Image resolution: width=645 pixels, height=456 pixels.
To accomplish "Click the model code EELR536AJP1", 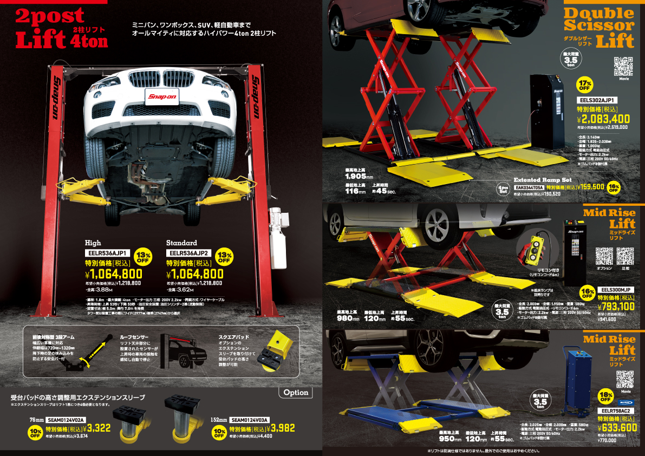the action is point(106,253).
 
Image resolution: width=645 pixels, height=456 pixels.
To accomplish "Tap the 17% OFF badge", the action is point(585,84).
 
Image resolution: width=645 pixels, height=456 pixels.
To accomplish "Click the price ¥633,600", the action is point(617,427).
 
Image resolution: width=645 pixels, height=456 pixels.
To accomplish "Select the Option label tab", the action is point(296,392).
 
